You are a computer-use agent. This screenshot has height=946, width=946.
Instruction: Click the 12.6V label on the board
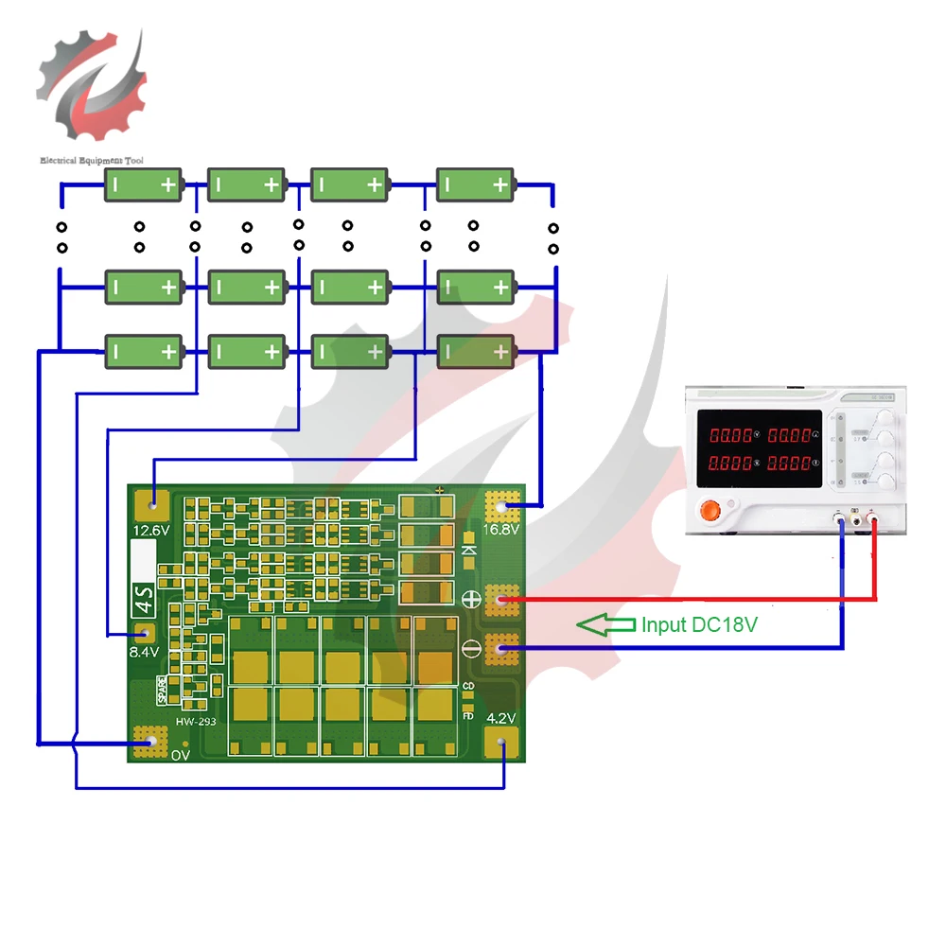[151, 530]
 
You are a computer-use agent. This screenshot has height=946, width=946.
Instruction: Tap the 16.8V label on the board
[502, 530]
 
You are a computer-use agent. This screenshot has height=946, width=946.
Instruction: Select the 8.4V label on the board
[144, 652]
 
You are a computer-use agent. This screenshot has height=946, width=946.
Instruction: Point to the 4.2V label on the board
[501, 718]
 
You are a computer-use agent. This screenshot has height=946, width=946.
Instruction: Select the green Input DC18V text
[700, 624]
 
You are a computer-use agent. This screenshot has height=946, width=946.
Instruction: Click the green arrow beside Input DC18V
[605, 624]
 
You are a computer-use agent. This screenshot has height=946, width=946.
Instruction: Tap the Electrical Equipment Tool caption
[92, 161]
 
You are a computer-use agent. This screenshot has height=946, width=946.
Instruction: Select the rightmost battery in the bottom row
[475, 352]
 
